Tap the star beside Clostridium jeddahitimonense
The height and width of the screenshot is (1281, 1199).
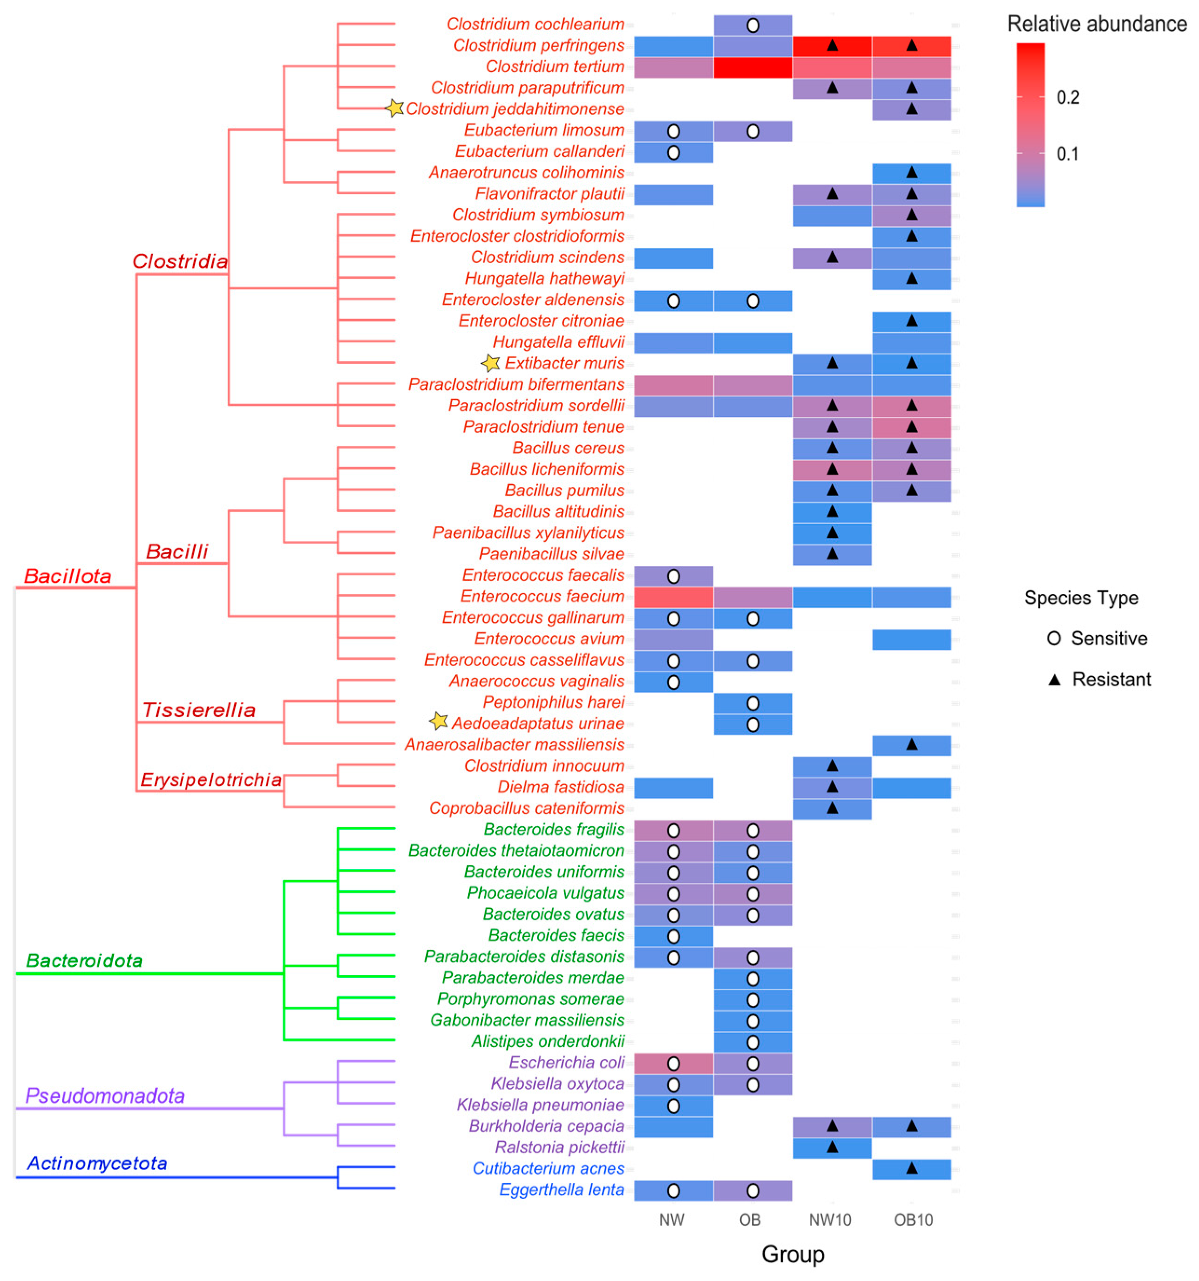coord(394,108)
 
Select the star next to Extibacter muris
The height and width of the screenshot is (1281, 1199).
coord(490,363)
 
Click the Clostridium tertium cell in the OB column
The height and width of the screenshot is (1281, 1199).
coord(752,67)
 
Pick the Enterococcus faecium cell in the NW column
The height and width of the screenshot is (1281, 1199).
coord(673,597)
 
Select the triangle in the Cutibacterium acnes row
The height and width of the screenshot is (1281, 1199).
coord(911,1168)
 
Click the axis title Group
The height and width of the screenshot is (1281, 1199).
coord(793,1254)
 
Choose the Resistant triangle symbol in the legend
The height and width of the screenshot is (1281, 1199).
coord(1054,679)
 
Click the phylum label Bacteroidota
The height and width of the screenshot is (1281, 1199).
coord(84,961)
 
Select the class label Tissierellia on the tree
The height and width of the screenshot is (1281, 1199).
coord(198,710)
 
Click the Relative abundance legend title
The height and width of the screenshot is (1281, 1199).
coord(1097,24)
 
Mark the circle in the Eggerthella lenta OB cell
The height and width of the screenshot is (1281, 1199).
coord(752,1191)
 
